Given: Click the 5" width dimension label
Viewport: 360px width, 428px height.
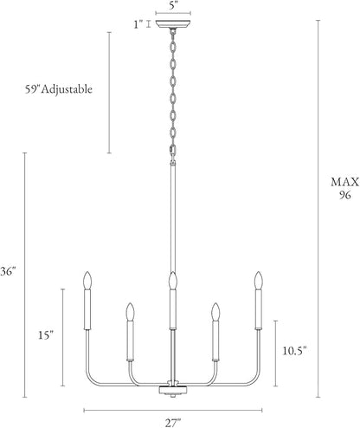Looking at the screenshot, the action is pyautogui.click(x=172, y=5).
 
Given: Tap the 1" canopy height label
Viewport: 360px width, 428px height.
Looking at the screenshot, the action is pyautogui.click(x=138, y=24).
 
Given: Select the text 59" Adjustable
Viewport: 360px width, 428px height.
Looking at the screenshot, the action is pyautogui.click(x=59, y=89).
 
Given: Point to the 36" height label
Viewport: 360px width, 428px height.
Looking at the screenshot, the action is pyautogui.click(x=8, y=271).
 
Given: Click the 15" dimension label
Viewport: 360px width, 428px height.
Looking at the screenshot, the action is pyautogui.click(x=46, y=335).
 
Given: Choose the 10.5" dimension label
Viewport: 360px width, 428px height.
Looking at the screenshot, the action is pyautogui.click(x=294, y=351).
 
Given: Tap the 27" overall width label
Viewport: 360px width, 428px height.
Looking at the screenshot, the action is pyautogui.click(x=173, y=423).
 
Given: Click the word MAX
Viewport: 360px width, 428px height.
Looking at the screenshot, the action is pyautogui.click(x=345, y=182).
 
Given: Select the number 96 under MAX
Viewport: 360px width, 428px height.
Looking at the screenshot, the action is pyautogui.click(x=345, y=195).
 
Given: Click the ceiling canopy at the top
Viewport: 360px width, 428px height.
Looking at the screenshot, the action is pyautogui.click(x=173, y=24).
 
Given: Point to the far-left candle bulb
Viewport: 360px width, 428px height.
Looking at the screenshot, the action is pyautogui.click(x=87, y=280).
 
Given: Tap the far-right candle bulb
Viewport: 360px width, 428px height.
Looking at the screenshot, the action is pyautogui.click(x=259, y=280).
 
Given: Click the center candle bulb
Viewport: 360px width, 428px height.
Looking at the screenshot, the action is pyautogui.click(x=173, y=280).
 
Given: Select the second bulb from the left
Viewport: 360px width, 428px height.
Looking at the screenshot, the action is pyautogui.click(x=131, y=311).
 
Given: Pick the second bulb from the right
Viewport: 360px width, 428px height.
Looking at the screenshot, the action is pyautogui.click(x=215, y=311).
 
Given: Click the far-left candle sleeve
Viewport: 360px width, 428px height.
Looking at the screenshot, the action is pyautogui.click(x=87, y=309).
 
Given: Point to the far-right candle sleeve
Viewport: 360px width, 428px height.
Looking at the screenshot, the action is pyautogui.click(x=259, y=309).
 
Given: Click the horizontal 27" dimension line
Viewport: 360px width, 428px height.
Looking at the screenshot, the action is pyautogui.click(x=173, y=410).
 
